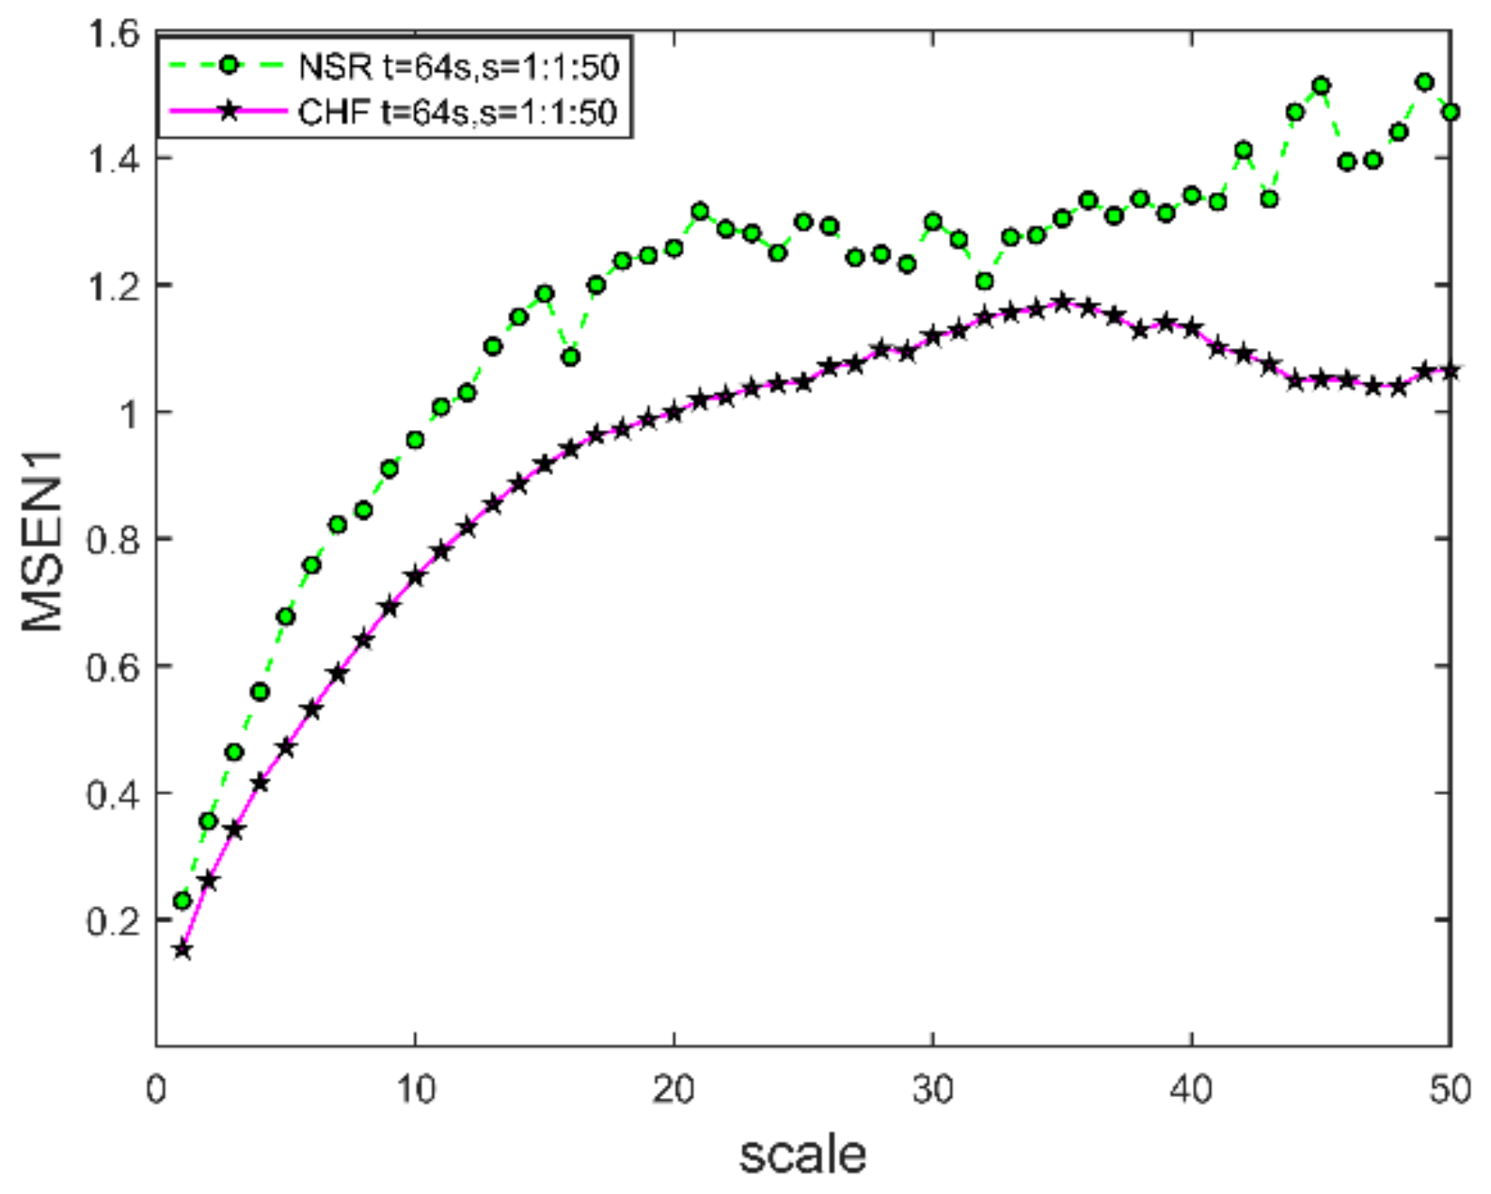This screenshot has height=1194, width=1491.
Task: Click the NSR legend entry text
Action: point(458,67)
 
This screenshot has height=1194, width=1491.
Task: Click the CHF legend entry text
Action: point(458,112)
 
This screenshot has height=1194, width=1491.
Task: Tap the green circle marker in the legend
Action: point(227,66)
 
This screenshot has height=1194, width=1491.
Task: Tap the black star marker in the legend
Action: point(227,111)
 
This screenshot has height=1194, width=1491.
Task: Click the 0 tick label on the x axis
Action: point(157,1090)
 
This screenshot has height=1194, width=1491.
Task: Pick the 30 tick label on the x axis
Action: point(932,1090)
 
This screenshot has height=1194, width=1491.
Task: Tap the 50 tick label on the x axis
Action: point(1449,1090)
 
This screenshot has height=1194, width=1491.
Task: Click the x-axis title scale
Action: point(802,1154)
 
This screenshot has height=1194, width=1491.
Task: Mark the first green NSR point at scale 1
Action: point(182,900)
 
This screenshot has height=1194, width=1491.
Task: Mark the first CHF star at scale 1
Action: point(182,950)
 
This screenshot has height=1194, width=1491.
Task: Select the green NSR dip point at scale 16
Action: point(570,357)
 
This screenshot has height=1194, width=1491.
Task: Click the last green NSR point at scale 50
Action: point(1450,112)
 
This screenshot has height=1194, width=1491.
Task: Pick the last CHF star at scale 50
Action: point(1450,372)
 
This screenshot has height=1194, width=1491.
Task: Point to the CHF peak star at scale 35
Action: point(1062,302)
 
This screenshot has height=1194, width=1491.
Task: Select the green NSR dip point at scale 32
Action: point(984,281)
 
